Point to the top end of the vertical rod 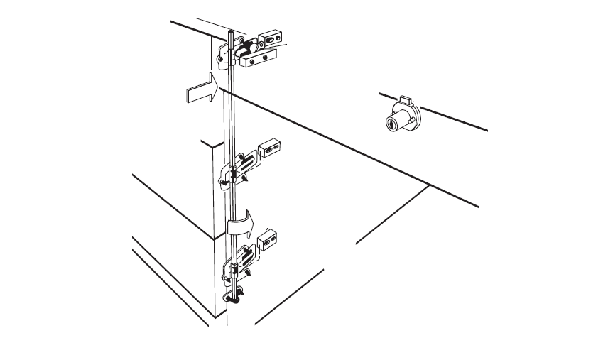point(231,33)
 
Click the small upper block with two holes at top point(270,38)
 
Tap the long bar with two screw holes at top point(258,60)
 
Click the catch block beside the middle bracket point(269,147)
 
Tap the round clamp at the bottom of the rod point(234,297)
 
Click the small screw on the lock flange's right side point(418,118)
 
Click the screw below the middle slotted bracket point(243,183)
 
